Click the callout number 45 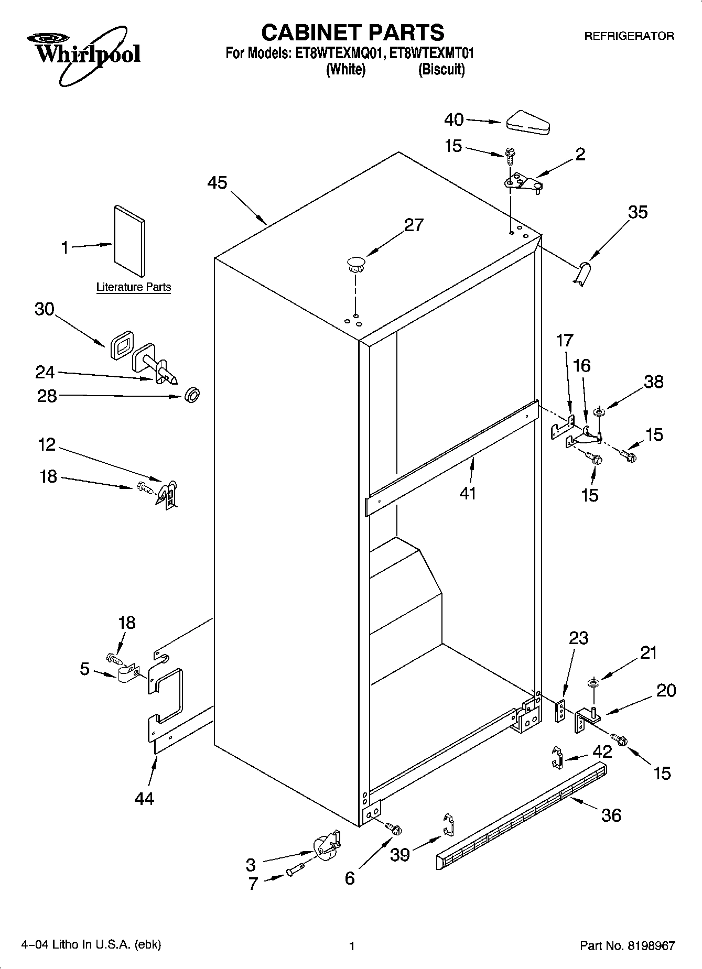(x=217, y=183)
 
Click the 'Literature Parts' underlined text (x=134, y=287)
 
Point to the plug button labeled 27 (x=356, y=263)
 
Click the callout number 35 (x=638, y=212)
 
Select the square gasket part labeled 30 (x=122, y=344)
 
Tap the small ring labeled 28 (x=192, y=395)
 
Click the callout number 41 (x=468, y=493)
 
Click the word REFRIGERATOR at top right (x=629, y=36)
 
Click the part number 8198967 (x=649, y=946)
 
